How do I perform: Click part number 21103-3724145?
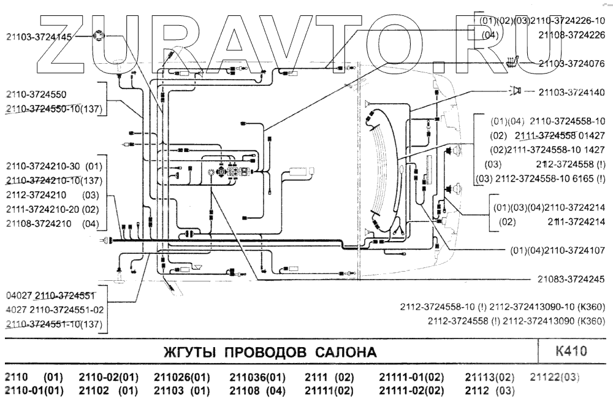(x=38, y=37)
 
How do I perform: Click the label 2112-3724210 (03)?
(x=51, y=196)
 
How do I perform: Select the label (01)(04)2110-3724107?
(x=557, y=250)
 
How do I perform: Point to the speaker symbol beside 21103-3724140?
(x=515, y=91)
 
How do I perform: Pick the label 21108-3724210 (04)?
(x=51, y=223)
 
